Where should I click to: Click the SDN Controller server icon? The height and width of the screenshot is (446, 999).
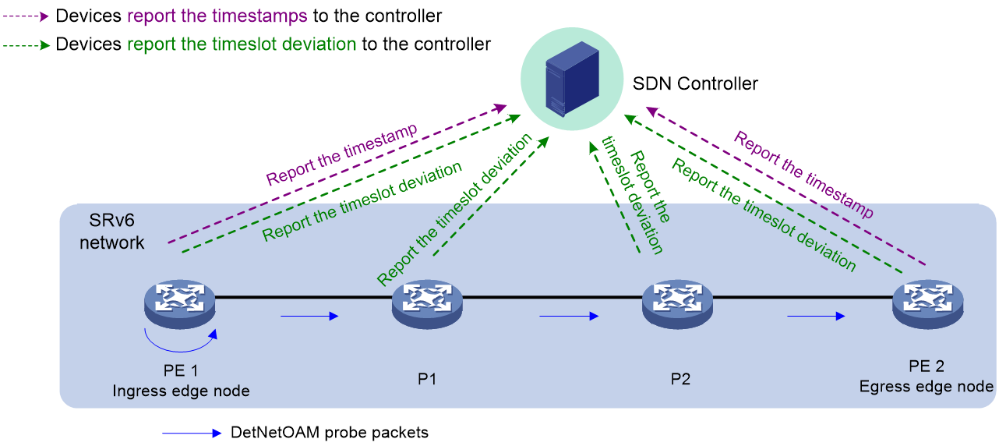pos(572,79)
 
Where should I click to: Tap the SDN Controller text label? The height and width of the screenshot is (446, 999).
pos(695,83)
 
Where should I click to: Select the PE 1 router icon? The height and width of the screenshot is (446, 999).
pos(180,304)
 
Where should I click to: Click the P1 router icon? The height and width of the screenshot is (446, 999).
pos(427,304)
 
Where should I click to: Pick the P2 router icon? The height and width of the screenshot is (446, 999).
pos(677,304)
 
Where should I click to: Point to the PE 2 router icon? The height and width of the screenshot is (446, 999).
pos(928,304)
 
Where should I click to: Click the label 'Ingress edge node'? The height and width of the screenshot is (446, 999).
pos(181,391)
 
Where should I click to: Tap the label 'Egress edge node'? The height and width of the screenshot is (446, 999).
pos(927,386)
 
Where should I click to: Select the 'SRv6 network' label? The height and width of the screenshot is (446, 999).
pos(111,232)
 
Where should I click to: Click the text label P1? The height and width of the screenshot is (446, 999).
pos(427,379)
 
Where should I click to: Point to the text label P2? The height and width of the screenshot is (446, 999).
pos(680,379)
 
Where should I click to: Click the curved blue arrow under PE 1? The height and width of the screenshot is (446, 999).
pos(178,350)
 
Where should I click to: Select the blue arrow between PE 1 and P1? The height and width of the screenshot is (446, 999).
pos(309,316)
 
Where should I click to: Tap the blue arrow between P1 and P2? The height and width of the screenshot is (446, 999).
pos(569,316)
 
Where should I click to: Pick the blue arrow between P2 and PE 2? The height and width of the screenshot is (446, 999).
pos(816,316)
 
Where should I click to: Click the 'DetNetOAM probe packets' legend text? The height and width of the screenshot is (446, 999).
pos(330,432)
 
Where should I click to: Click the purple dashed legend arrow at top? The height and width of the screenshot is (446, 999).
pos(26,16)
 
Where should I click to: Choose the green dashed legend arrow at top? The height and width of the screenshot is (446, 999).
pos(26,45)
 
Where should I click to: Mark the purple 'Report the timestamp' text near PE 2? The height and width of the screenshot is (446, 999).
pos(803,175)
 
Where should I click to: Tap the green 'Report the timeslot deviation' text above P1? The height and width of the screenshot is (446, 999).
pos(454,209)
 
